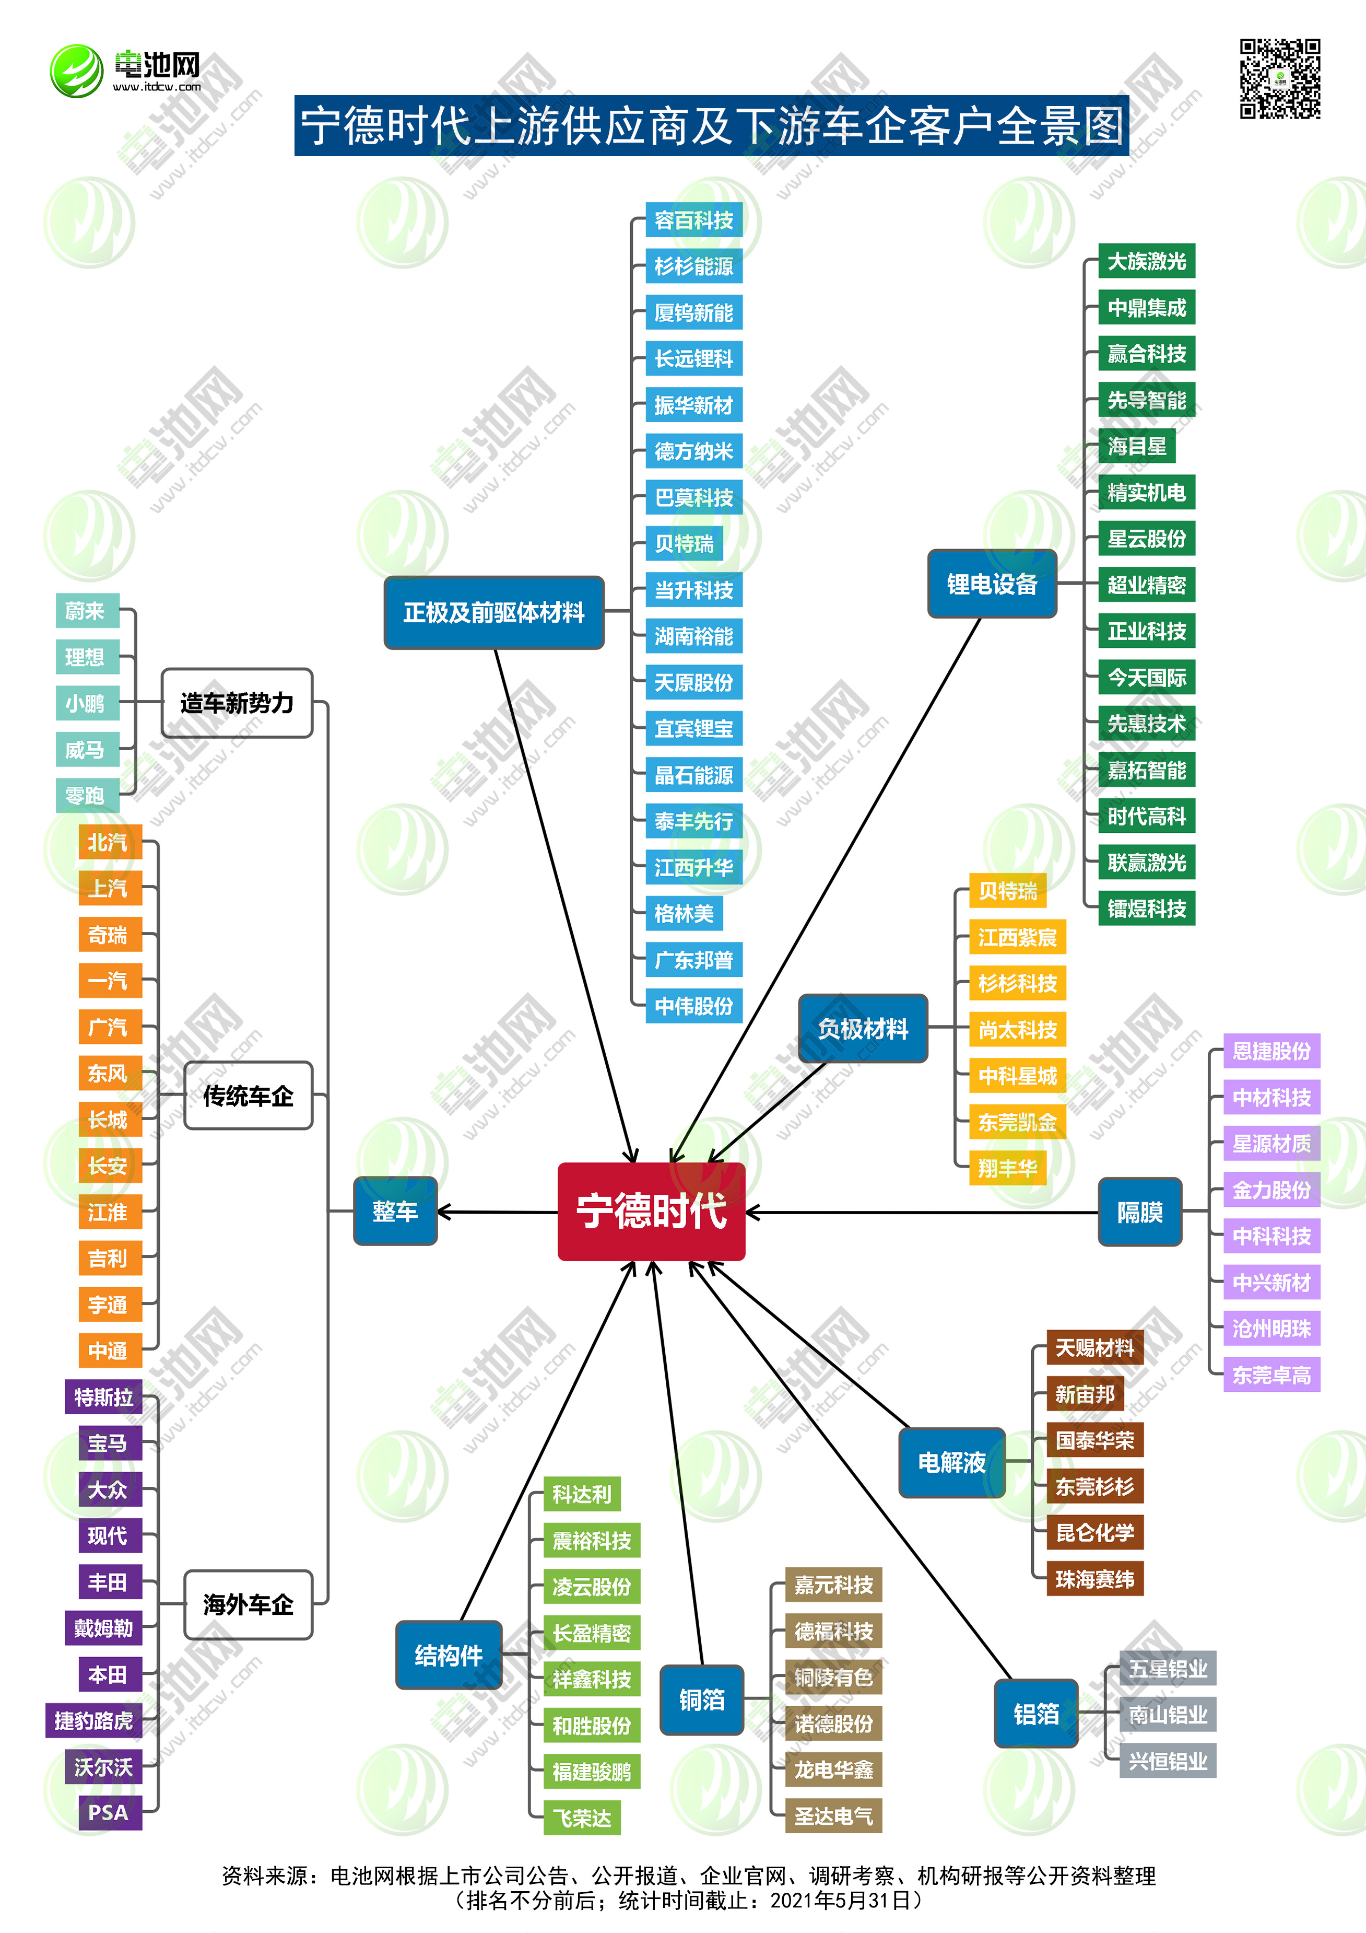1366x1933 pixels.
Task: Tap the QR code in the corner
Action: tap(1279, 79)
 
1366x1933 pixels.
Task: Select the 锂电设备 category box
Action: tap(992, 584)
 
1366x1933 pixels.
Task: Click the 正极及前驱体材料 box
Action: tap(494, 612)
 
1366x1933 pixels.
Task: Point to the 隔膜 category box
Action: tap(1139, 1213)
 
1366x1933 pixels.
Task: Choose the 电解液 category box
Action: tap(952, 1462)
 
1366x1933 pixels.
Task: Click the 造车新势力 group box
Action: tap(237, 703)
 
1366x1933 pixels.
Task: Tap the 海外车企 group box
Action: tap(248, 1605)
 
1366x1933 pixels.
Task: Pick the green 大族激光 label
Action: tap(1146, 262)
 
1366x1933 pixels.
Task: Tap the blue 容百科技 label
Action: tap(693, 220)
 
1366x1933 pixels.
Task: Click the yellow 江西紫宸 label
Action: tap(1017, 937)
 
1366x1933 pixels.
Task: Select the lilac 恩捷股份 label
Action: tap(1271, 1051)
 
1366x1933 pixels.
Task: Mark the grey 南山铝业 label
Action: tap(1168, 1714)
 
